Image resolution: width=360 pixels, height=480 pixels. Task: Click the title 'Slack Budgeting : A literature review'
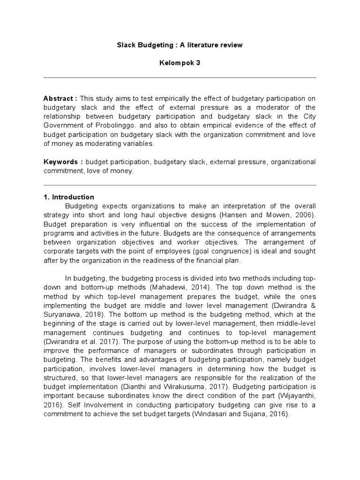point(180,45)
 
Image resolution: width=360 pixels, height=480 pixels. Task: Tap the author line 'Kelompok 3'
point(180,63)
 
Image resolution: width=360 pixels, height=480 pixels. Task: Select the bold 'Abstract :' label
point(60,98)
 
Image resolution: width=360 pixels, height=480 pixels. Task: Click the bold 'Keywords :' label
point(63,162)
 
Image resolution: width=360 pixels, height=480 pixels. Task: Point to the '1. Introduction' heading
point(69,197)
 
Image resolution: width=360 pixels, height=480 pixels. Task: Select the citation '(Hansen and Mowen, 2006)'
point(275,215)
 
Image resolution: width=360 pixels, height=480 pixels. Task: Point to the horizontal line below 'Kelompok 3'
point(180,77)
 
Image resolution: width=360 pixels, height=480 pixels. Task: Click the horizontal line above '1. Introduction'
point(180,185)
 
